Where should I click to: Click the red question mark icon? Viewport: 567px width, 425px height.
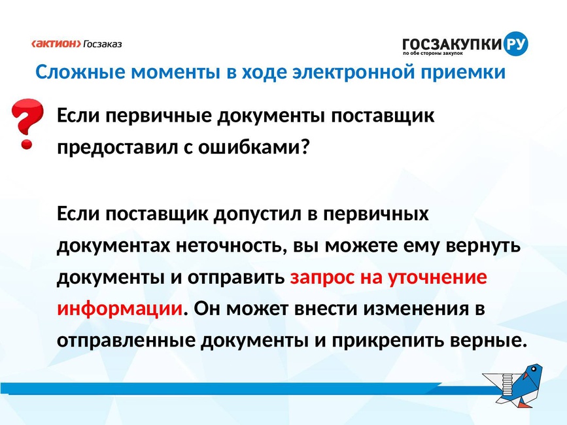click(x=27, y=124)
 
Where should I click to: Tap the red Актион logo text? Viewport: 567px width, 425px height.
click(x=56, y=44)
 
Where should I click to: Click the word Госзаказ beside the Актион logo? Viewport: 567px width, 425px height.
click(x=103, y=44)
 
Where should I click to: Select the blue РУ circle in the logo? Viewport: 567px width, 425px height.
click(x=515, y=44)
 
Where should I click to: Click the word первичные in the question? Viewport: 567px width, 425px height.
click(x=159, y=116)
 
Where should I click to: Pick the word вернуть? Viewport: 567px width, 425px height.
click(x=483, y=246)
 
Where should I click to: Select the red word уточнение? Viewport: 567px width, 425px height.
click(x=437, y=278)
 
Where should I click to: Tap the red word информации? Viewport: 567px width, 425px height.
click(x=120, y=309)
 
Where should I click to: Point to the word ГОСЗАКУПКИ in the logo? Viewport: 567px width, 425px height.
click(x=453, y=44)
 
